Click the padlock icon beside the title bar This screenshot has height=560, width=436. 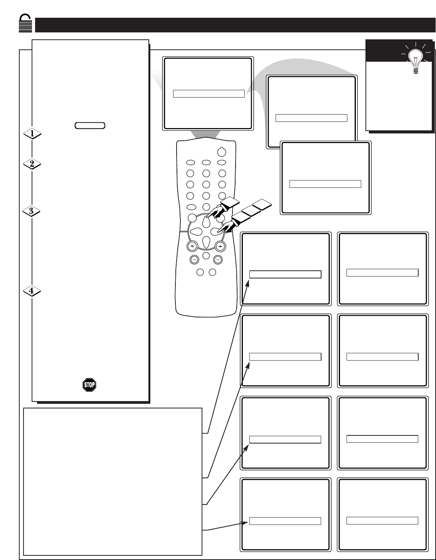click(x=25, y=23)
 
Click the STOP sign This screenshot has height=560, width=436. click(x=89, y=385)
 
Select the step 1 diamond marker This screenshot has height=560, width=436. click(x=32, y=133)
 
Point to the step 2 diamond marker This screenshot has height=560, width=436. click(x=32, y=164)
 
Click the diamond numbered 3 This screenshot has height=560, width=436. click(x=31, y=211)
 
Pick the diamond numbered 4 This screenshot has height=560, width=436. click(x=32, y=291)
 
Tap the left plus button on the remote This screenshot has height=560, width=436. click(x=192, y=246)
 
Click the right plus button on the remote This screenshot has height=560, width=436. click(x=220, y=246)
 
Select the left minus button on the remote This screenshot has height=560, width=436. click(x=194, y=260)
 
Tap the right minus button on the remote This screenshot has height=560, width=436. click(x=218, y=260)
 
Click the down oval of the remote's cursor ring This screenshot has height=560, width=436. click(x=206, y=242)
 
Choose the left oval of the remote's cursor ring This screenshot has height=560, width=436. click(x=196, y=231)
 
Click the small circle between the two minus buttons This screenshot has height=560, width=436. click(x=206, y=256)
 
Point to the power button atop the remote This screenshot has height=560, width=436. click(x=222, y=152)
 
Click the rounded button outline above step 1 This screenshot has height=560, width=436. click(x=90, y=125)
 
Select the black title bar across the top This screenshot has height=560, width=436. click(x=235, y=25)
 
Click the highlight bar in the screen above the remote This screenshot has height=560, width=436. click(x=209, y=94)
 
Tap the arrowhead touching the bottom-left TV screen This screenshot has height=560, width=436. click(x=244, y=523)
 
